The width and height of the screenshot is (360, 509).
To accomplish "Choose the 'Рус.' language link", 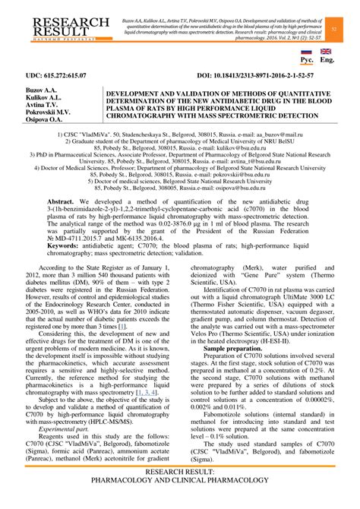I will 308,58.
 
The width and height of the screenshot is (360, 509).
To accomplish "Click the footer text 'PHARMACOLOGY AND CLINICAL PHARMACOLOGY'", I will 180,501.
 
